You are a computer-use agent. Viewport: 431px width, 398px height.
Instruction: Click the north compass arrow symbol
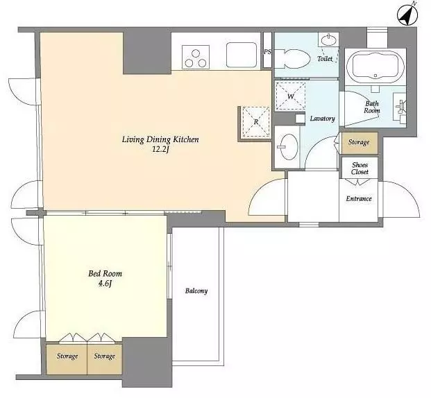pos(407,16)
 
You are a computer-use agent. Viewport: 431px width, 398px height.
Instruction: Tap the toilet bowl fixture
pos(291,59)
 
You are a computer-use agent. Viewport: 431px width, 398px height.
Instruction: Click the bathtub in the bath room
pos(375,65)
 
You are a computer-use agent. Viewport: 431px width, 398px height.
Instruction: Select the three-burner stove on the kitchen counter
pos(196,57)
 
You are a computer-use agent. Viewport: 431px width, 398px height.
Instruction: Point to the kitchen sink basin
pos(242,55)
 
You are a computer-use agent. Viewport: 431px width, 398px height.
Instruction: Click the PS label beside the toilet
pos(267,51)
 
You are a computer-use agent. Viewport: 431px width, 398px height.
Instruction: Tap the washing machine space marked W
pos(291,96)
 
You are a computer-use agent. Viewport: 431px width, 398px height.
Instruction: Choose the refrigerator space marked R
pos(256,121)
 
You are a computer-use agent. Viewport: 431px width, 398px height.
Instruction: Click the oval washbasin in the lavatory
pos(289,147)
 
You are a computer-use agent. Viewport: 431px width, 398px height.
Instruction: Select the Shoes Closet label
pos(360,168)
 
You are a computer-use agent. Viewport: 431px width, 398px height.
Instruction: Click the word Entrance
pos(359,198)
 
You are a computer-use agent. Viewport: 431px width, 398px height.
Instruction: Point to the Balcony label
pos(196,291)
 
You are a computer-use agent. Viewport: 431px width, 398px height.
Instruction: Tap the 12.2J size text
pos(160,150)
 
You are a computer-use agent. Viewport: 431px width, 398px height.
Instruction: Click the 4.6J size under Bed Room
pos(105,284)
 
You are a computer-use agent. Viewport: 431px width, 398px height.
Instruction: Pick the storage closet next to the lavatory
pos(360,143)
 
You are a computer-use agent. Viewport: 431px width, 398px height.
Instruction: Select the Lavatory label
pos(323,119)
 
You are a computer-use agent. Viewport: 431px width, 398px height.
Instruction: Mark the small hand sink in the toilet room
pos(328,41)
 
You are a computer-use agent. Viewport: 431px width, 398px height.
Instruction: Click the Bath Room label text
pos(372,107)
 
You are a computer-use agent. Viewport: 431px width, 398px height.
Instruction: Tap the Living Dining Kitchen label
pos(160,140)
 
